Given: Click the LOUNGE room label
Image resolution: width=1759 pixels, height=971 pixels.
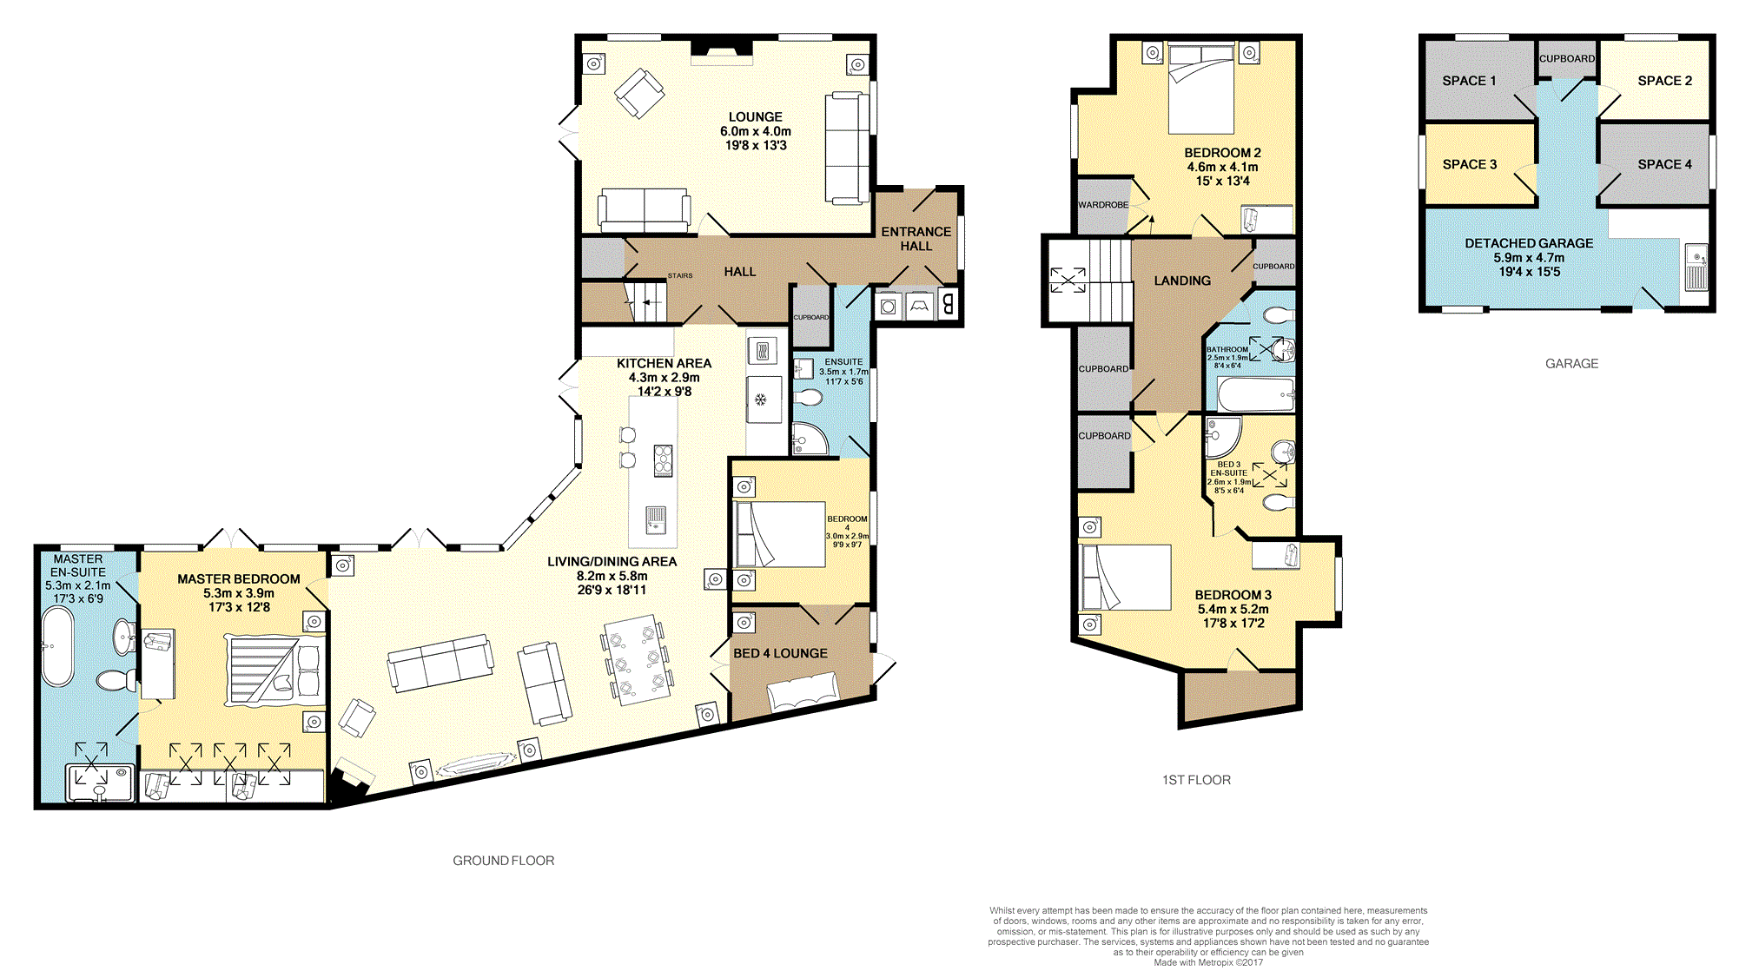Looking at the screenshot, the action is tap(755, 116).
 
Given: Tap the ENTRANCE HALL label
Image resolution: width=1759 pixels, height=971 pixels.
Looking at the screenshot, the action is tap(916, 239).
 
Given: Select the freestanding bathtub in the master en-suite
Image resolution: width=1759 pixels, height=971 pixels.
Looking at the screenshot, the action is tap(58, 647).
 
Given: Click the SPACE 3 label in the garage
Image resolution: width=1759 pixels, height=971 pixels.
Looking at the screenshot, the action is tap(1470, 164).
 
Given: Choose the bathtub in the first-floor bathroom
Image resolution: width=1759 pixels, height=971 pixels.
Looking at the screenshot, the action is tap(1256, 394).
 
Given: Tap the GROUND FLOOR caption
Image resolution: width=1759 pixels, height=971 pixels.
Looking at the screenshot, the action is tap(503, 861).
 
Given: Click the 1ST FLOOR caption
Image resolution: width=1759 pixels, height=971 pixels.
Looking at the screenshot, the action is tap(1196, 780).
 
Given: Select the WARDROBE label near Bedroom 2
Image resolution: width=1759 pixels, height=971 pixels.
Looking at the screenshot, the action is tap(1103, 205).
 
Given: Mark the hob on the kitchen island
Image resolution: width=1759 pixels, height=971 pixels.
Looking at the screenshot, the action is tap(663, 460).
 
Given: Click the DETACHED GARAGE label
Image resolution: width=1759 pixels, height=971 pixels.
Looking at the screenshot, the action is tap(1529, 243).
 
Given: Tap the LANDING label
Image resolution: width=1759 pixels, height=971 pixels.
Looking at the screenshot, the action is tap(1182, 281).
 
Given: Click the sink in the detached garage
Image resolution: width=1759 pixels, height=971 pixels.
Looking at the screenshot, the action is tap(1696, 268).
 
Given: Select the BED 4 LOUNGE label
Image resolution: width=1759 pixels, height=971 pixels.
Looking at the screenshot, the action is tap(780, 653).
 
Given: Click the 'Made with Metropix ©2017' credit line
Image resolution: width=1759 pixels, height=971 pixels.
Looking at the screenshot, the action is tap(1208, 962).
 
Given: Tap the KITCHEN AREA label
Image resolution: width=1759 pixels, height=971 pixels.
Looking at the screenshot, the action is tap(664, 363).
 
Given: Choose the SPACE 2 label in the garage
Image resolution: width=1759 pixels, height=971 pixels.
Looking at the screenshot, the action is tap(1664, 81).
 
